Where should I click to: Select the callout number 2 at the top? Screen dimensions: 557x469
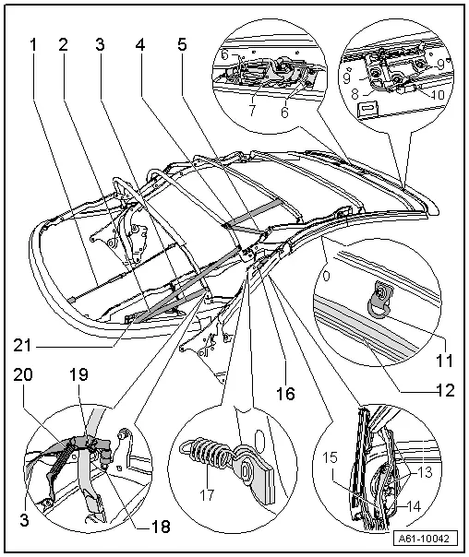click(x=63, y=43)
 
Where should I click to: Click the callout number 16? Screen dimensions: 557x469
click(x=283, y=393)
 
